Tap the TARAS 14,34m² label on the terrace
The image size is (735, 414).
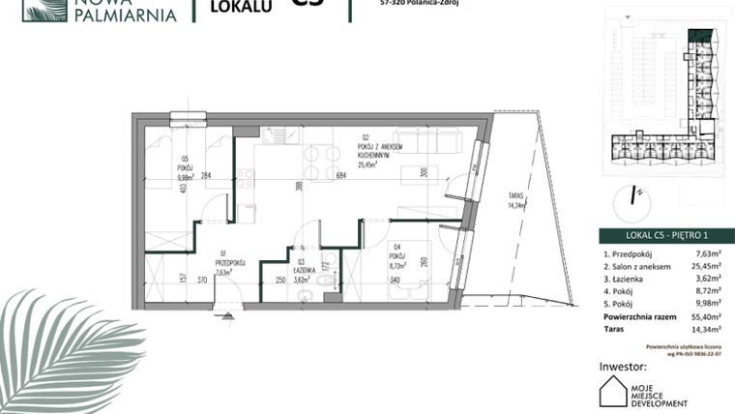click(x=520, y=203)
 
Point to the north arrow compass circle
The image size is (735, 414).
click(x=635, y=195)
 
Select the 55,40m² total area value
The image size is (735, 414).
click(x=709, y=315)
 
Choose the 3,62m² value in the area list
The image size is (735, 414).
click(x=712, y=278)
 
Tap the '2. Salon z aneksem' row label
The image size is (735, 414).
click(x=633, y=265)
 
